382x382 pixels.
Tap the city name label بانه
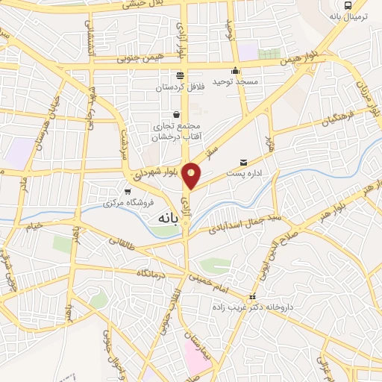pyautogui.click(x=165, y=219)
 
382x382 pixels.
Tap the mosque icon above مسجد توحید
pyautogui.click(x=236, y=72)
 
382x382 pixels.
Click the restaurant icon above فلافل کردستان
pyautogui.click(x=179, y=75)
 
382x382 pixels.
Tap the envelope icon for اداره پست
pyautogui.click(x=243, y=162)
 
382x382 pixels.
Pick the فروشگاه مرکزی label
pyautogui.click(x=130, y=201)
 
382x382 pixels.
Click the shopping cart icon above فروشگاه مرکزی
pyautogui.click(x=128, y=190)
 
